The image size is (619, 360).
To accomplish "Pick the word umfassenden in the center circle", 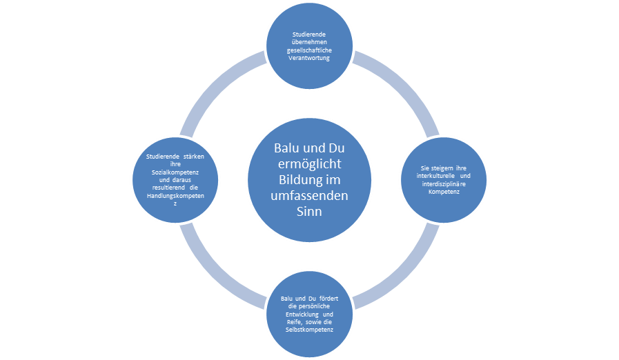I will coord(308,197).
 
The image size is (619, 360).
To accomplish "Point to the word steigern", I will coord(440,168).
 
